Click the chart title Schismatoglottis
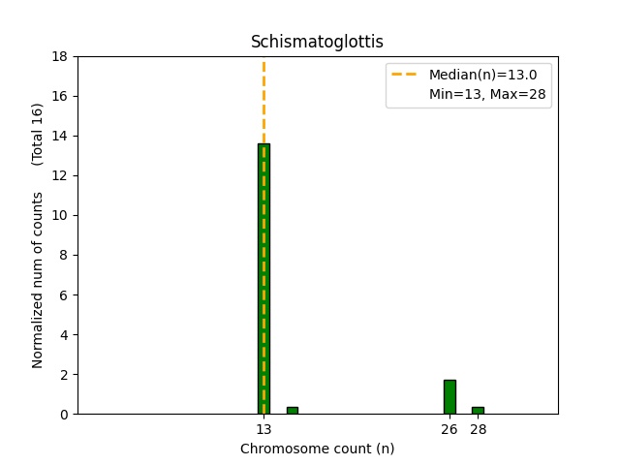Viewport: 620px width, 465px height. (x=317, y=42)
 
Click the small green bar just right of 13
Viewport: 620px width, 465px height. (x=292, y=411)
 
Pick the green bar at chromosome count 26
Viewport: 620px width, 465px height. (x=449, y=397)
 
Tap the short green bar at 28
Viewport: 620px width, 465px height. (x=478, y=411)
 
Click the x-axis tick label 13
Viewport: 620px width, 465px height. (x=263, y=429)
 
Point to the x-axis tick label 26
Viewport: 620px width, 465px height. (x=449, y=429)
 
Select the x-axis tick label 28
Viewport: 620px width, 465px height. (x=479, y=429)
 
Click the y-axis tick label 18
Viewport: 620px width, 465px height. (x=61, y=56)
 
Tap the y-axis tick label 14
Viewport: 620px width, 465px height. (x=61, y=136)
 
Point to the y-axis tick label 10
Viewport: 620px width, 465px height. (x=61, y=215)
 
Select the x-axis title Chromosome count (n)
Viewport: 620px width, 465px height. (x=317, y=449)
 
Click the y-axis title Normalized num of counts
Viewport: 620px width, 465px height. (x=38, y=279)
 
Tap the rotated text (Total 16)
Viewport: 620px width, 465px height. (x=38, y=134)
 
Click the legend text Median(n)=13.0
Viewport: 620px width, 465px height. (x=476, y=74)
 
